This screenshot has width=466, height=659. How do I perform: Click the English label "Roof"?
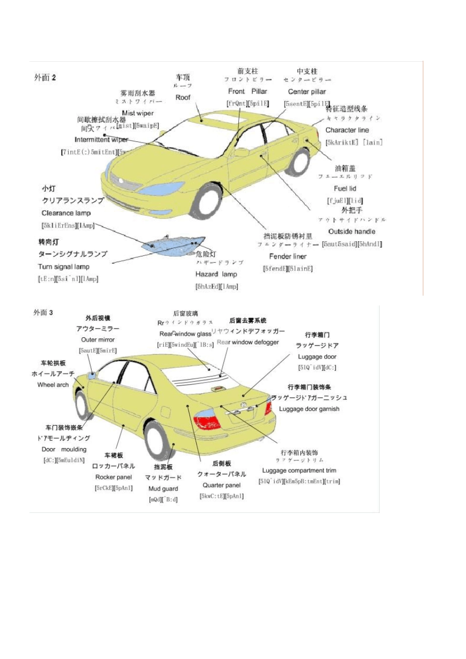(x=183, y=98)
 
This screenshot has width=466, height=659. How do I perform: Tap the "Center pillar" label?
(x=307, y=92)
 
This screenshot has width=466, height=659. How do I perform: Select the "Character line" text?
(x=347, y=130)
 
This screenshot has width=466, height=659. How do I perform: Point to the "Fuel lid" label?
(x=345, y=188)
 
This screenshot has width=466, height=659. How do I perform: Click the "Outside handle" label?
(x=352, y=231)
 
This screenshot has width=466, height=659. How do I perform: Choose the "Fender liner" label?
(x=287, y=256)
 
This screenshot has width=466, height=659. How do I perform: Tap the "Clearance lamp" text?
(x=66, y=213)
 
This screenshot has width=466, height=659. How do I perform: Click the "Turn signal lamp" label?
(x=64, y=267)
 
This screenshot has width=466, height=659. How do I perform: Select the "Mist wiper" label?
(x=138, y=113)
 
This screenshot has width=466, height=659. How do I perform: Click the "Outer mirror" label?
(x=98, y=339)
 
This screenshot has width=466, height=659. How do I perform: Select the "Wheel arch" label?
(x=53, y=385)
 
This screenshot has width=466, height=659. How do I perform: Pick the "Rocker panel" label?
(x=114, y=477)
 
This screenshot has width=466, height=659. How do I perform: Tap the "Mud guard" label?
(x=163, y=488)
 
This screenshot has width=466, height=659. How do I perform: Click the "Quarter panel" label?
(x=222, y=485)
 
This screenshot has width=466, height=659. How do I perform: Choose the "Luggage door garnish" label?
(x=309, y=409)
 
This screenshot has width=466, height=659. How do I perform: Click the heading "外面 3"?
(x=43, y=313)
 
